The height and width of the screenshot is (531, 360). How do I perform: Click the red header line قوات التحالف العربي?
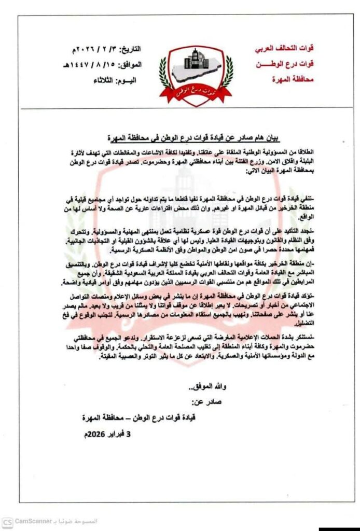point(284,51)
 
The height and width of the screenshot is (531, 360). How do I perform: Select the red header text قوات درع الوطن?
point(286,65)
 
